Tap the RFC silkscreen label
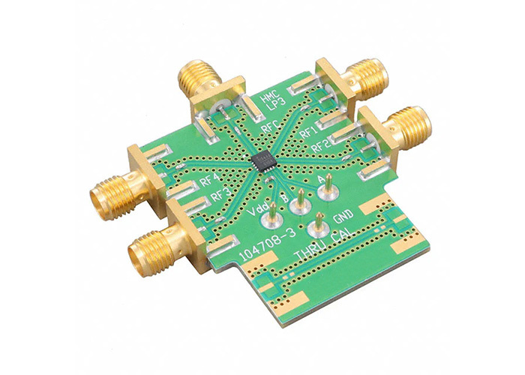click(x=271, y=127)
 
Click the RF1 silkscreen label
click(x=308, y=133)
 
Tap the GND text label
click(x=343, y=216)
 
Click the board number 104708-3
click(x=268, y=246)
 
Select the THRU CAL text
click(x=323, y=244)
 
